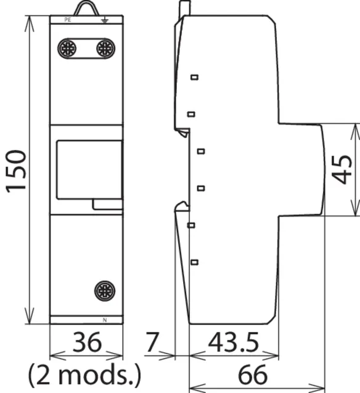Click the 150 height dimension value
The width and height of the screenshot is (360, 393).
coord(16,172)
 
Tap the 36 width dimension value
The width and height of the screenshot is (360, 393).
coord(87,342)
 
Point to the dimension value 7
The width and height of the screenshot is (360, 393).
coord(152,342)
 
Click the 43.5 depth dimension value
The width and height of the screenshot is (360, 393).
coord(234,342)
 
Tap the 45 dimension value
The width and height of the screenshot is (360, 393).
coord(342,170)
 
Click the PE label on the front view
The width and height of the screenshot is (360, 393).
coord(68,20)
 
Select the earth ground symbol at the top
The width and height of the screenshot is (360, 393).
coord(105,20)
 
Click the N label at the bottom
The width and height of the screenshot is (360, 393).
coord(105,320)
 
